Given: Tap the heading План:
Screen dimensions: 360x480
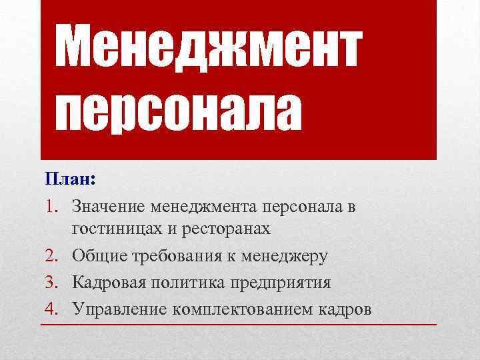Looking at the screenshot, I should pyautogui.click(x=71, y=180).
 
